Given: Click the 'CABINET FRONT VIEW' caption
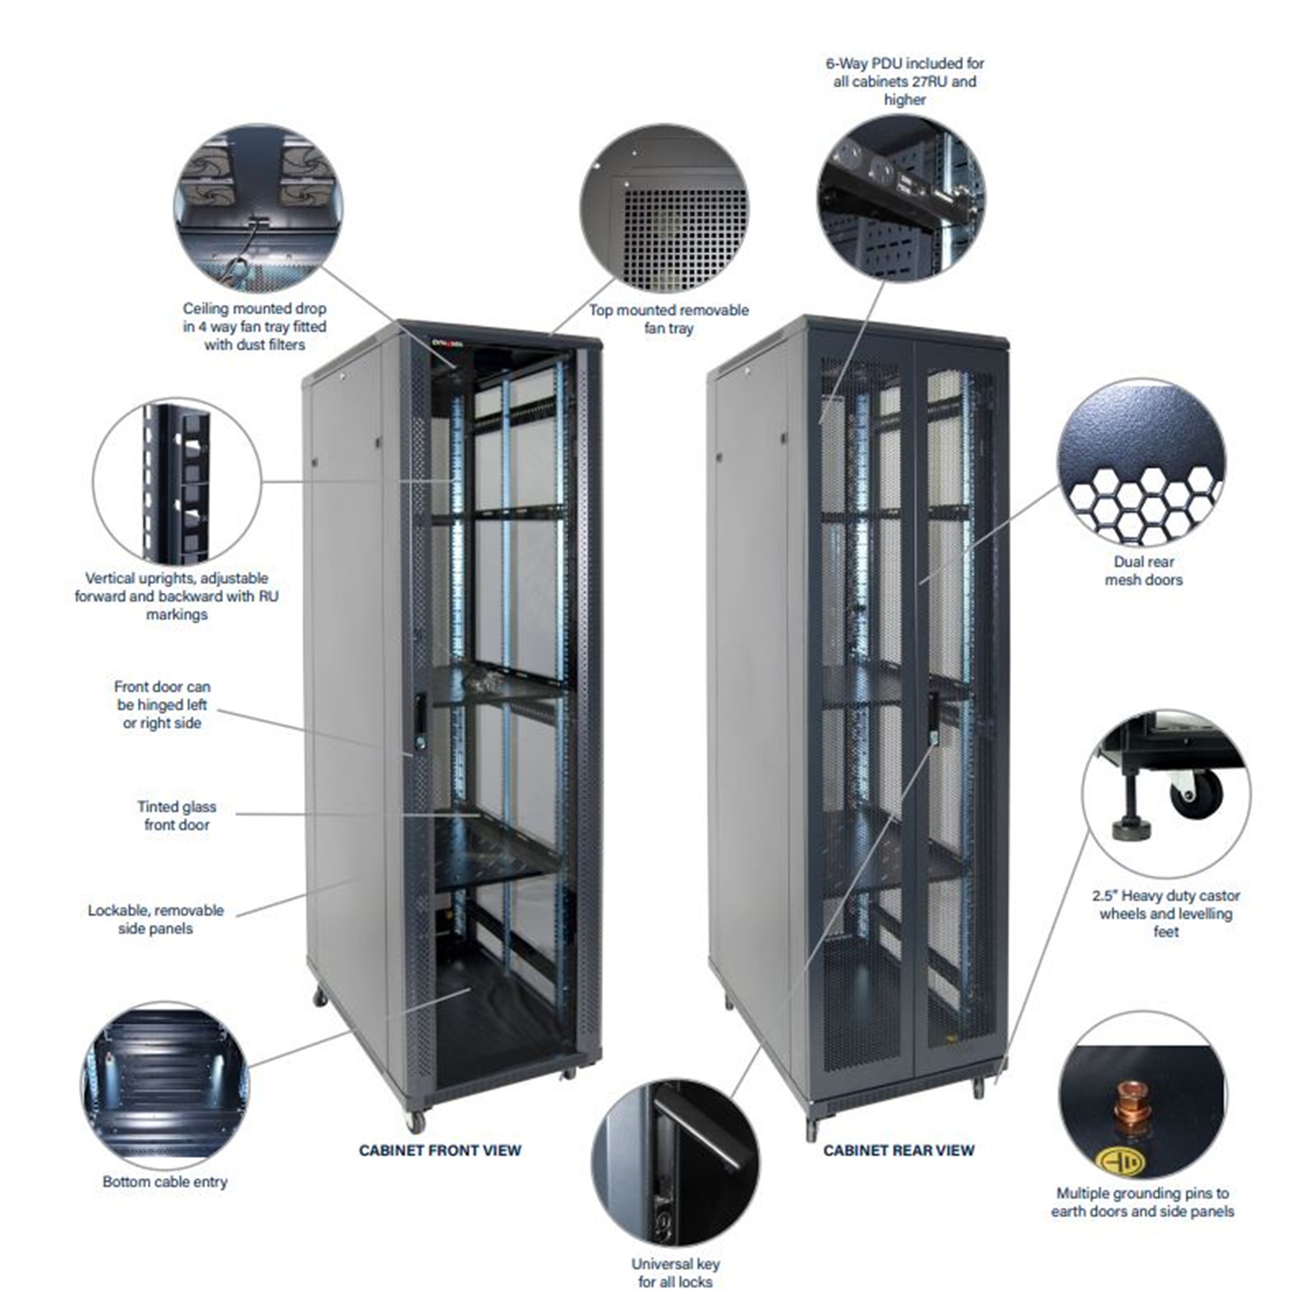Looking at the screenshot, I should point(439,1150).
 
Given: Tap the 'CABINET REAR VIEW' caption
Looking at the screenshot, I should point(898,1150).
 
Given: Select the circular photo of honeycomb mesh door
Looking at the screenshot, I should point(1141,462).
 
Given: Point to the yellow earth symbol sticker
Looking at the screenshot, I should point(1119,1161).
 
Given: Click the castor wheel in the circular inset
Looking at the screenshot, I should point(1195,793).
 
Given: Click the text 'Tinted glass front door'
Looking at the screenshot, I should point(177,816).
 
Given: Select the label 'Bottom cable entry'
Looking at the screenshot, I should point(164,1181).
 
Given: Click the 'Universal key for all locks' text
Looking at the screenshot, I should point(675,1272).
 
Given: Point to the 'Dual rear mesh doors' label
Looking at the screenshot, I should point(1143,570).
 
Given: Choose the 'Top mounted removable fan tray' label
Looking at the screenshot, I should point(668,319).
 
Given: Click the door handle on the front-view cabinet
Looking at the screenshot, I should point(420,714).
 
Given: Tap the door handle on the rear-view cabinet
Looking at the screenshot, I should point(933,714).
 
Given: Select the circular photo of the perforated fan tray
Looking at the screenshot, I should point(664,209).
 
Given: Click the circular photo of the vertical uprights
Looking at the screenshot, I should point(177,481).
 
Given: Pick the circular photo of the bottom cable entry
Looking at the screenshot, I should point(165,1084).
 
